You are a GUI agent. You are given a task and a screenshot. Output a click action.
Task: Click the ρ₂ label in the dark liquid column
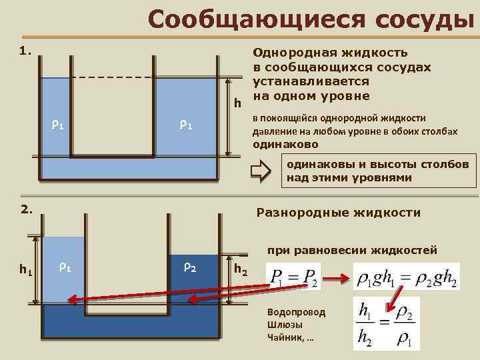pos(189,267)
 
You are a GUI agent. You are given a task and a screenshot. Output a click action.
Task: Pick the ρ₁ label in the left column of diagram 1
pos(57,124)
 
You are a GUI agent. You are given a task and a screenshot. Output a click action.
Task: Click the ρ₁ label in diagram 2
pos(65,267)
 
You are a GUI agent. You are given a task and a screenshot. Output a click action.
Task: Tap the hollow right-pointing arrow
pos(261,171)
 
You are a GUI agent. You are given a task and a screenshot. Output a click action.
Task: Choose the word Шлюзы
pos(284,325)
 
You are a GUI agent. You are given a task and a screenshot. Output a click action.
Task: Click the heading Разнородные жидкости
pos(339,213)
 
